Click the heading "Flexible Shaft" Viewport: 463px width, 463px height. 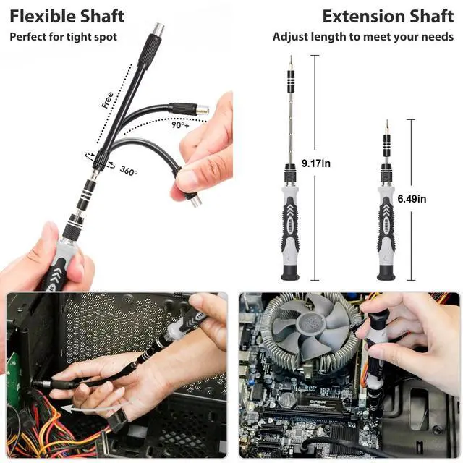coord(67,16)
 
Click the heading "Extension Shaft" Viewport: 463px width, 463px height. coord(388,16)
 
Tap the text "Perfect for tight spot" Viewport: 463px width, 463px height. coord(64,37)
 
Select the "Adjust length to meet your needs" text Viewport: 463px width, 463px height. coord(363,37)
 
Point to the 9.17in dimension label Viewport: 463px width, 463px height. coord(316,163)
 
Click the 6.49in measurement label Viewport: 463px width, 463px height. coord(412,199)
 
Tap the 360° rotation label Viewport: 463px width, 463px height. coord(129,171)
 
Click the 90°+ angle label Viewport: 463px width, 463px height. coord(180,125)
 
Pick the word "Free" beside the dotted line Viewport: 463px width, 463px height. coord(107,100)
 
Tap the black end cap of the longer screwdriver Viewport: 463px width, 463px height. coord(290,273)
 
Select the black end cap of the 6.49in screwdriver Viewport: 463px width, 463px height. coord(386,273)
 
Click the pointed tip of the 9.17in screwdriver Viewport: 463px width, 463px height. coord(291,56)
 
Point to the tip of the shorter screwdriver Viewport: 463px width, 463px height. coord(387,121)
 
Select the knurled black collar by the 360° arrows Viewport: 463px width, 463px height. coord(101,161)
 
